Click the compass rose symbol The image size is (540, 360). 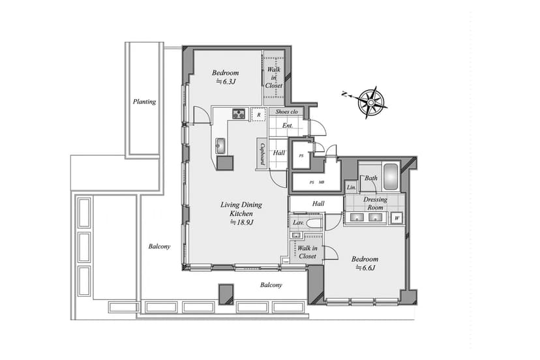pos(371,102)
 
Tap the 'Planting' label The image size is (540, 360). pos(144,102)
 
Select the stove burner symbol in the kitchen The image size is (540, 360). pos(239,113)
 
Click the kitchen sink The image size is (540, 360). pos(220,145)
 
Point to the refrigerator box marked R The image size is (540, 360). pos(258,115)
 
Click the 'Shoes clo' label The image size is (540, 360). pos(286,112)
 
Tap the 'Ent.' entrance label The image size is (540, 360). pos(287,125)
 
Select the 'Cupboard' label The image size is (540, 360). pos(262,154)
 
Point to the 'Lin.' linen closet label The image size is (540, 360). pos(352,187)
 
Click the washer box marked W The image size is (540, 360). pos(397,218)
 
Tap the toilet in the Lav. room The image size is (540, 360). pos(314,224)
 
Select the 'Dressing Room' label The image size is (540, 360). pos(375,203)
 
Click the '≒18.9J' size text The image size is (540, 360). pos(242,222)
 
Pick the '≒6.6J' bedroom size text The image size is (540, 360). pos(365,267)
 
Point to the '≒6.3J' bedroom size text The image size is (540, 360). pos(226,82)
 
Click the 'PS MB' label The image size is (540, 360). pos(316,182)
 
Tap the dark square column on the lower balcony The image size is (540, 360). pos(226,294)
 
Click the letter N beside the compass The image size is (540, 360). pos(344,94)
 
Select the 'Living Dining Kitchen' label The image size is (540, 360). pos(241,209)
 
